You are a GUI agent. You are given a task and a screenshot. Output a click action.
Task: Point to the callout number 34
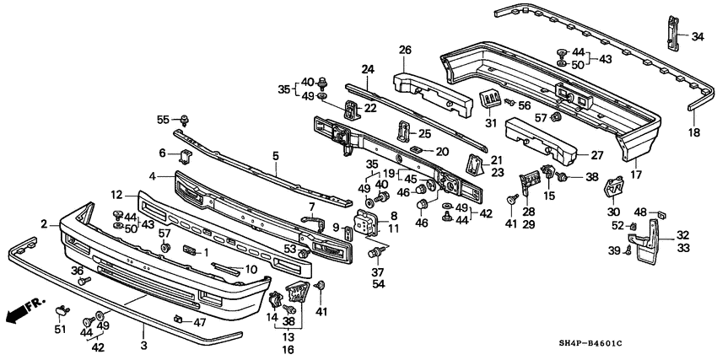698,36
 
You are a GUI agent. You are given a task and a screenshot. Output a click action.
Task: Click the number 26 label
405,51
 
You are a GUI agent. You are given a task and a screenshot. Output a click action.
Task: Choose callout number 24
368,69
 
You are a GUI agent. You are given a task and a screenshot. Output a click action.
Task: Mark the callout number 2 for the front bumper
44,223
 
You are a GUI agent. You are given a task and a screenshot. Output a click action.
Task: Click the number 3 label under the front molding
143,346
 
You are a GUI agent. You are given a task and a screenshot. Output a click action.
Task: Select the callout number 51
59,330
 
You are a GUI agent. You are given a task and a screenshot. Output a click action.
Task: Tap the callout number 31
487,125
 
